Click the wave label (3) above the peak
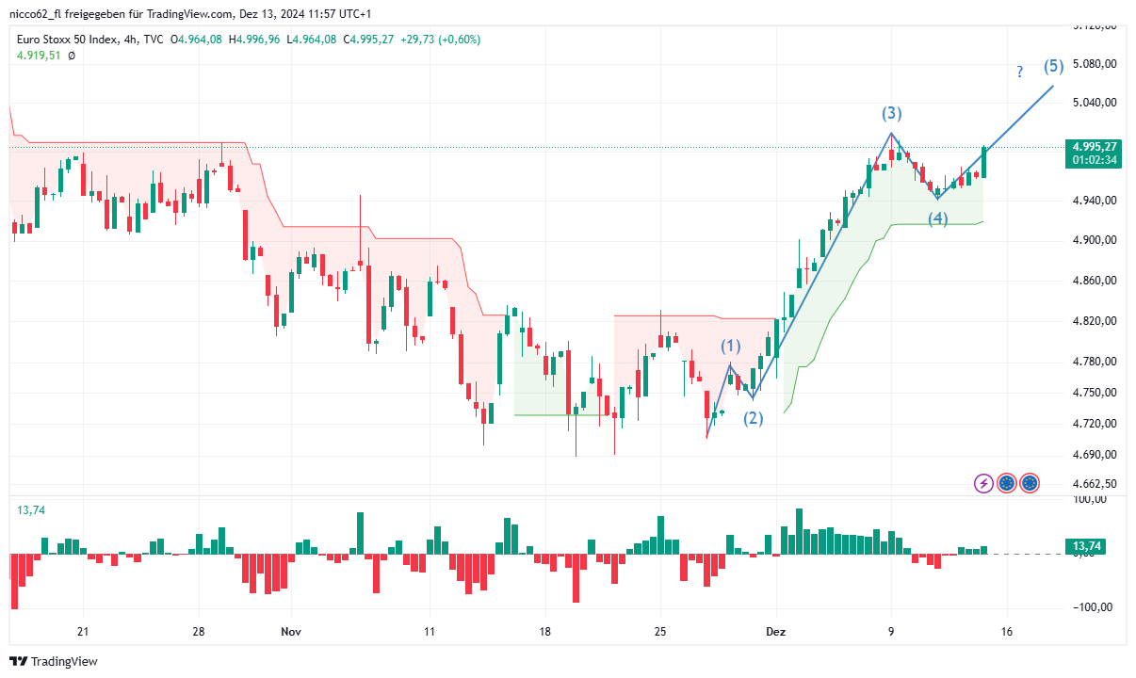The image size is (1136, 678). (x=891, y=114)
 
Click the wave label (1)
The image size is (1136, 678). (x=731, y=347)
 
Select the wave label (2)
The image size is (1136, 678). (x=754, y=419)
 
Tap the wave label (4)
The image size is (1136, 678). (x=938, y=219)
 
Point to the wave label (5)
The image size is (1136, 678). (x=1054, y=66)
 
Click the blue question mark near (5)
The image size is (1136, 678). (x=1019, y=73)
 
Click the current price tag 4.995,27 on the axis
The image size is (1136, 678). (x=1094, y=147)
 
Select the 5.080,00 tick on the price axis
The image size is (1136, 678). (x=1095, y=64)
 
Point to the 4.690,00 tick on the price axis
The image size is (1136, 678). (x=1095, y=455)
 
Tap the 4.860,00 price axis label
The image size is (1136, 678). (x=1095, y=281)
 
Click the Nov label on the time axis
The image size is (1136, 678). (x=291, y=632)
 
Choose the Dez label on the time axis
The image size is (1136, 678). (x=776, y=632)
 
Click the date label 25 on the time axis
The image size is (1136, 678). (x=659, y=632)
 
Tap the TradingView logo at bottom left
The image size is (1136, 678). (x=55, y=661)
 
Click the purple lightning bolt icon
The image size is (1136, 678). (x=983, y=483)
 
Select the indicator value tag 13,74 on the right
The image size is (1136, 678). (x=1088, y=546)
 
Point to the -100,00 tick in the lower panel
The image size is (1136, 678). (x=1093, y=607)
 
